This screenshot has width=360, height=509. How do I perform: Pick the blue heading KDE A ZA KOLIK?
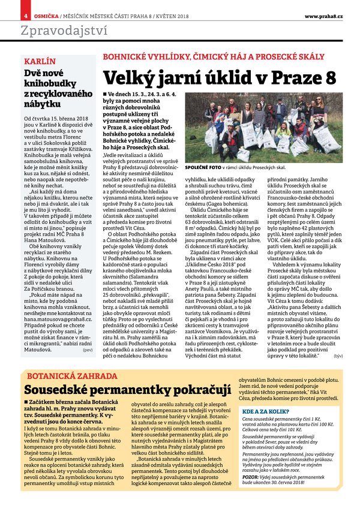click(x=262, y=412)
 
